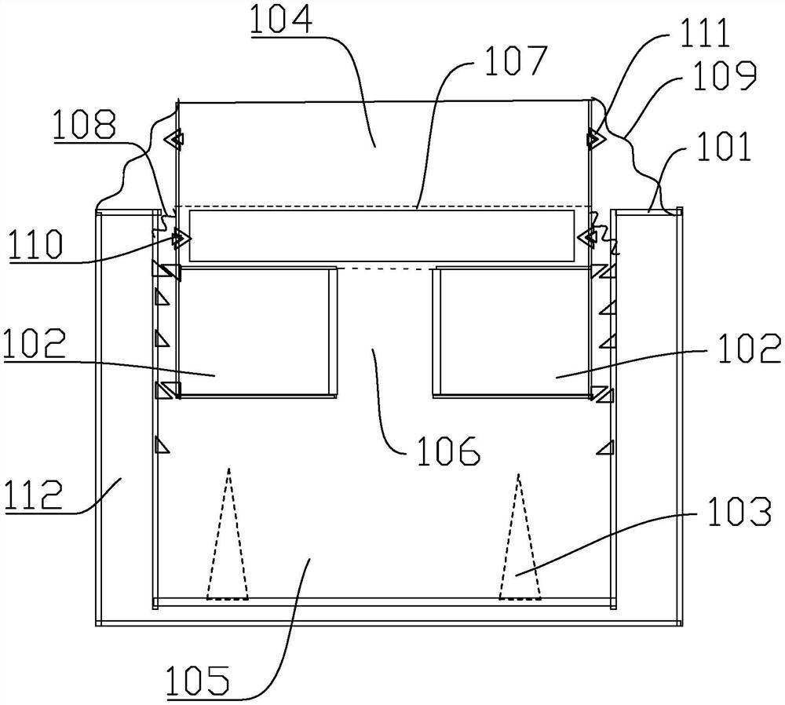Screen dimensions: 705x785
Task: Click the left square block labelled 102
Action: coord(254,330)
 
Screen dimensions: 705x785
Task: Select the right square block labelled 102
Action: coord(511,330)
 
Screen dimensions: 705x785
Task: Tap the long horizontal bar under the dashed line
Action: coord(381,236)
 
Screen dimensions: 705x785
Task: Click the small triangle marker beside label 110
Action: coord(180,236)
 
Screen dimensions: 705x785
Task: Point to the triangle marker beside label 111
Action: coord(593,139)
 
